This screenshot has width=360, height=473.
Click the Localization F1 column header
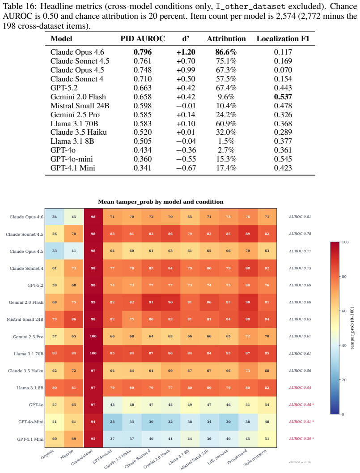[x=283, y=38]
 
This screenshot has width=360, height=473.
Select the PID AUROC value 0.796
[x=143, y=52]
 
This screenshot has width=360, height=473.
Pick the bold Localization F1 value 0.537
[x=283, y=97]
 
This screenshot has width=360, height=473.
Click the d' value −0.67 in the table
[x=186, y=168]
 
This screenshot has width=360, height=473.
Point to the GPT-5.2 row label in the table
[x=64, y=88]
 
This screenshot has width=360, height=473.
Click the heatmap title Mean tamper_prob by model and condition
[x=161, y=202]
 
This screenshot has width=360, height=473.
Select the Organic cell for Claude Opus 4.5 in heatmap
[x=55, y=251]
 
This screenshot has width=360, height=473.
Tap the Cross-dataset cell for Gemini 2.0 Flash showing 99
[x=93, y=302]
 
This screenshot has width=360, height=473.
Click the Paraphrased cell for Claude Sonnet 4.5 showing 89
[x=248, y=234]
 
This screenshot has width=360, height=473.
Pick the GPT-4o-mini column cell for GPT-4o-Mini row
[x=112, y=422]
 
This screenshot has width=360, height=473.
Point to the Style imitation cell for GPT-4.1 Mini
[x=267, y=439]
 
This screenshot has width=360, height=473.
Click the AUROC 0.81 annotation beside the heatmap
[x=300, y=217]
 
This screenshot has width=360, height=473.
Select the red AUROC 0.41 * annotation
[x=301, y=422]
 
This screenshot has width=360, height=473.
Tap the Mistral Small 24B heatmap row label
[x=25, y=319]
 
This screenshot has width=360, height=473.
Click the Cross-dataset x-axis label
[x=82, y=457]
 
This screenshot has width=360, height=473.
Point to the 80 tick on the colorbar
[x=344, y=277]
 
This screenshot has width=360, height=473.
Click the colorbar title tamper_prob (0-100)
[x=352, y=328]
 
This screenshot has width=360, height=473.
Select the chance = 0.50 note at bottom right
[x=300, y=462]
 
